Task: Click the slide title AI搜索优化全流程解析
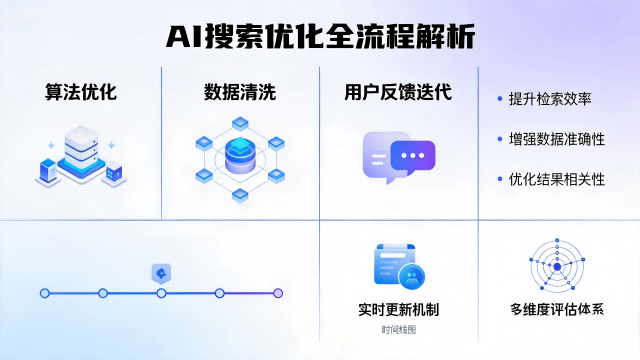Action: [x=320, y=37]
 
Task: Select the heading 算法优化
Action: [x=81, y=93]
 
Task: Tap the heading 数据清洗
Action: [x=240, y=93]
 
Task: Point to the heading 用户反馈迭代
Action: [x=398, y=93]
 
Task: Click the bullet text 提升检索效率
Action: [x=550, y=99]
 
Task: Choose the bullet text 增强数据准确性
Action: [x=557, y=139]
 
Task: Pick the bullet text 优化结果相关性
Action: [x=557, y=179]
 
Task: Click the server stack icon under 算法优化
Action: [x=80, y=154]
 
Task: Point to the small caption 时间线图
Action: [x=398, y=329]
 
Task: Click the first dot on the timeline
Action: [x=44, y=293]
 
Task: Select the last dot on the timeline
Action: [x=278, y=293]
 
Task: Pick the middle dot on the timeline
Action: [x=161, y=293]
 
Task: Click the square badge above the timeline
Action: [x=161, y=272]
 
